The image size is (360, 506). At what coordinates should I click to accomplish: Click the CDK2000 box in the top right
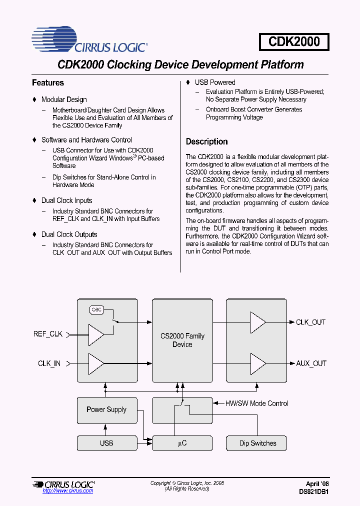pos(294,41)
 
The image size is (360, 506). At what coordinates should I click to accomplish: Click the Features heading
pos(48,83)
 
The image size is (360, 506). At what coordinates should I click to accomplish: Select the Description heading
pos(206,141)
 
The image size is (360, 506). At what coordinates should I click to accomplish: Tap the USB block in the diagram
pos(106,443)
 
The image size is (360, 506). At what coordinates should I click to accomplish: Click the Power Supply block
pos(106,409)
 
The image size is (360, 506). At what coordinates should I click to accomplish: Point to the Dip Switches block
pos(257,443)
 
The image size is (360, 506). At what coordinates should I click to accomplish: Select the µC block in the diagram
pos(182,443)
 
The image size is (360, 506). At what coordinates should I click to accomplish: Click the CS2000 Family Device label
pos(182,340)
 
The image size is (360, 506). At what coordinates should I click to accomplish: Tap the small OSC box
pos(97,309)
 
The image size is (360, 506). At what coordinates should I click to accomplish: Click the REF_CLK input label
pos(48,334)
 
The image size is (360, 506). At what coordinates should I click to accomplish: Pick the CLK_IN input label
pos(49,363)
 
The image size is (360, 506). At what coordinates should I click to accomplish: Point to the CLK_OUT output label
pos(310,322)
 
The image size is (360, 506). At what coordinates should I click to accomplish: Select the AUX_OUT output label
pos(311,363)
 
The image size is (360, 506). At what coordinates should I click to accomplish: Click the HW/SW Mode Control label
pos(256,403)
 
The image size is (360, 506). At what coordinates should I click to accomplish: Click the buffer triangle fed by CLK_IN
pos(95,363)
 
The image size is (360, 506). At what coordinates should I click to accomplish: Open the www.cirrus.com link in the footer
pos(68,491)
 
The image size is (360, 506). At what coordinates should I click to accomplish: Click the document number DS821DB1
pos(313,491)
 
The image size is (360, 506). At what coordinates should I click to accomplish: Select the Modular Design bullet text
pos(64,99)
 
